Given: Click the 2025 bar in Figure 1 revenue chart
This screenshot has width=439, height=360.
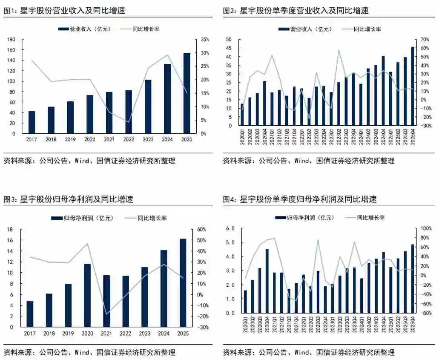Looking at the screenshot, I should [x=187, y=93].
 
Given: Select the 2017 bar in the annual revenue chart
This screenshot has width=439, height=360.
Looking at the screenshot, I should [x=32, y=122].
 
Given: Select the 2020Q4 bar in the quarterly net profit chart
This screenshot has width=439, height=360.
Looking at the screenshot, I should [x=267, y=281].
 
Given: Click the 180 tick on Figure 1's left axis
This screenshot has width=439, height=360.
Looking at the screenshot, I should [x=11, y=39].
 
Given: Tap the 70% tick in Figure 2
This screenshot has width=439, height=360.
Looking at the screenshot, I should [x=425, y=39].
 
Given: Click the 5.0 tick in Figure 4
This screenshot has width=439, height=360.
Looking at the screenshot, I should [x=230, y=242].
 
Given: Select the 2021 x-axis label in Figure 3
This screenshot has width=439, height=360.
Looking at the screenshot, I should [x=106, y=333].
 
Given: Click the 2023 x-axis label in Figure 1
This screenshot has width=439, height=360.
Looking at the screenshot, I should [x=147, y=139].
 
